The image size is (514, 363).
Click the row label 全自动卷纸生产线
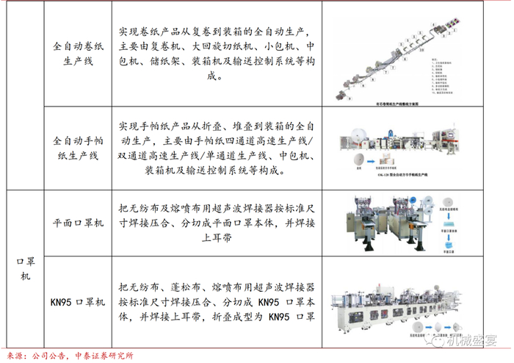[x=78, y=54]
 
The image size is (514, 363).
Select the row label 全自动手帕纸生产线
[x=78, y=147]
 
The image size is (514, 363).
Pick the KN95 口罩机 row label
[x=78, y=302]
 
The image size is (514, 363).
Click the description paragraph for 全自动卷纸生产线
[x=217, y=54]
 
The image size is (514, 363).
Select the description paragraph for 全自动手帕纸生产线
[x=217, y=147]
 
